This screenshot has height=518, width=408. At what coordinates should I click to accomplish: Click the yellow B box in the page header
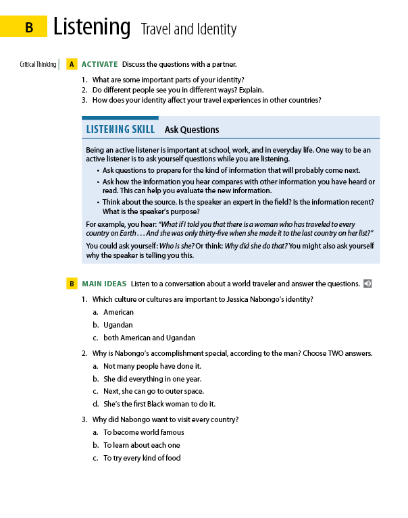click(x=28, y=28)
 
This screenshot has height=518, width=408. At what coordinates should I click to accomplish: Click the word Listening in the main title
click(x=92, y=28)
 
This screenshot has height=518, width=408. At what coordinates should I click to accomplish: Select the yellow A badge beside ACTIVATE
click(x=71, y=65)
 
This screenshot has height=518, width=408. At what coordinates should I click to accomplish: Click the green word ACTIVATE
click(x=99, y=65)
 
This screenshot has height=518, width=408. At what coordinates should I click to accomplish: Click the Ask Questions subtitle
click(x=192, y=130)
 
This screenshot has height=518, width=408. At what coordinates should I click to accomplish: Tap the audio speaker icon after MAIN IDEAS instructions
click(x=367, y=284)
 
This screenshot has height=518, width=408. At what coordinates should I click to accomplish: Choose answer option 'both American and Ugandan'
click(x=149, y=338)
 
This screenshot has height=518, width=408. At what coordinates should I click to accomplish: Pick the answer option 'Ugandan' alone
click(x=118, y=325)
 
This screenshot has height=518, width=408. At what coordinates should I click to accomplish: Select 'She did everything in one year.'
click(x=152, y=379)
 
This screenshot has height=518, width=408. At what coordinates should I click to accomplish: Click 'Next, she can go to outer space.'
click(x=153, y=391)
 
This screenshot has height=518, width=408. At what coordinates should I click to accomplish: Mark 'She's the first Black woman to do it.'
click(x=159, y=404)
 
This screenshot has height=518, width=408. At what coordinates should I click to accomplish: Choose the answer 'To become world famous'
click(x=143, y=432)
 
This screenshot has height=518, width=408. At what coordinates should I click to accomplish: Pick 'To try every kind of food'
click(x=142, y=458)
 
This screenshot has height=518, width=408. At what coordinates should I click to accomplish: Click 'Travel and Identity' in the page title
click(x=188, y=30)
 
